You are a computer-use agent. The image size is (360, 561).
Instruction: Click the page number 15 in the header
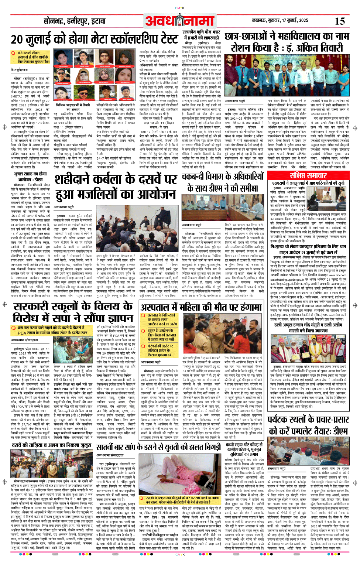coord(340,21)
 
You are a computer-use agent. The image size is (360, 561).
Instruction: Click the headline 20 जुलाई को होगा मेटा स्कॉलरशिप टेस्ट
coord(95,39)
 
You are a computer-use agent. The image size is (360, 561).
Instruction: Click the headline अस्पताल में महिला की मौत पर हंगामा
coord(201,307)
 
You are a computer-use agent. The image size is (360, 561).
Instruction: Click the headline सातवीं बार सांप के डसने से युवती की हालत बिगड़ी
coord(159,447)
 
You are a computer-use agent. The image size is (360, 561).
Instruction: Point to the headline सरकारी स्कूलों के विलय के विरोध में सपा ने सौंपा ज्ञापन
coord(73,312)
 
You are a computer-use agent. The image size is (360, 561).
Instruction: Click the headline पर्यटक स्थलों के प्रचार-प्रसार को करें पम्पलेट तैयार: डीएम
coord(308,425)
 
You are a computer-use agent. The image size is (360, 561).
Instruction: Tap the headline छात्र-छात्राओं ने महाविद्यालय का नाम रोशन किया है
coord(287,42)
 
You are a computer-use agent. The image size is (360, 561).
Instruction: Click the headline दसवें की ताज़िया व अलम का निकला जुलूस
coord(51,445)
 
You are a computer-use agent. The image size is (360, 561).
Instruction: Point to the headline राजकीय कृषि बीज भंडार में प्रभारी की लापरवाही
coord(201,35)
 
